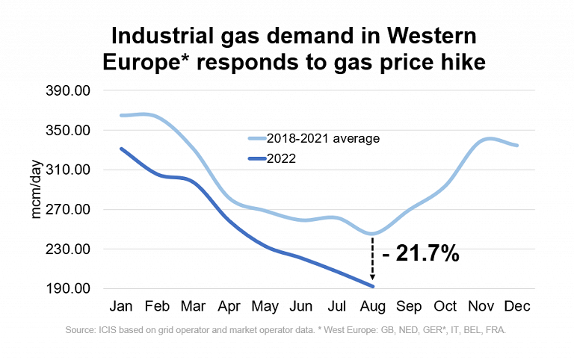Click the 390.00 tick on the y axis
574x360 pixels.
(x=69, y=90)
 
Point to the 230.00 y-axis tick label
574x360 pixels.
(x=69, y=249)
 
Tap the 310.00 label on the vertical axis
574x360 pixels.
(x=69, y=170)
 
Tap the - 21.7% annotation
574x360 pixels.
(x=420, y=254)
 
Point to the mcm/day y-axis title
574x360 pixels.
(x=37, y=190)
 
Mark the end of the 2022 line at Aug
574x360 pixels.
(x=371, y=286)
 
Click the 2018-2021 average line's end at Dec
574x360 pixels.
(x=517, y=146)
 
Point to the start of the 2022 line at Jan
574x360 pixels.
(x=121, y=149)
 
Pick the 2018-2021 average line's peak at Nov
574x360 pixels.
(x=487, y=139)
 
